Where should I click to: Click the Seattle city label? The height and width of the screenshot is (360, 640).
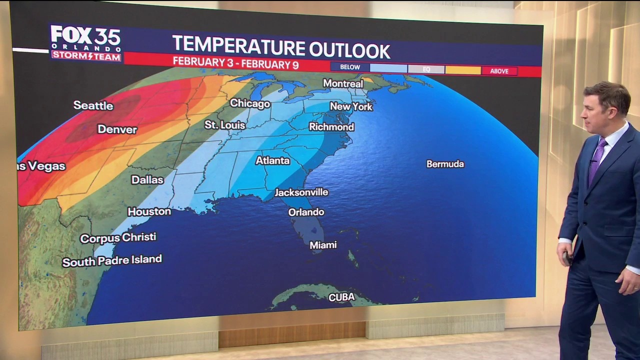(93, 105)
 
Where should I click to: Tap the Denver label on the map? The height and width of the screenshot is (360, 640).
(117, 129)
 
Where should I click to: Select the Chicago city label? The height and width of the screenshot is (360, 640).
(250, 103)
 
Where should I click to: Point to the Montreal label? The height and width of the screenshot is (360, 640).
(343, 83)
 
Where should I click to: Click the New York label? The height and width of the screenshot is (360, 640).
(351, 106)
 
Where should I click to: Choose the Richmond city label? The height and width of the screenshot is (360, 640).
(331, 127)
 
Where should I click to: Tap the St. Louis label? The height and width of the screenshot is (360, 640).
(225, 124)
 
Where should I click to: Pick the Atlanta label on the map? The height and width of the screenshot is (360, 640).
(272, 160)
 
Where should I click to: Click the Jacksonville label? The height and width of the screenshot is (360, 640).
(301, 192)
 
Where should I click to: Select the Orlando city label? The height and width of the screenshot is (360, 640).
(306, 212)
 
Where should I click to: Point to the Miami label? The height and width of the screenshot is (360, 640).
(323, 245)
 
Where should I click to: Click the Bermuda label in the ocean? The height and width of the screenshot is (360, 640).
(445, 164)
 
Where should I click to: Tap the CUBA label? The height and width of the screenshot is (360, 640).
(341, 297)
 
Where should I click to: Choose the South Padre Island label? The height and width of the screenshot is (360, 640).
(112, 260)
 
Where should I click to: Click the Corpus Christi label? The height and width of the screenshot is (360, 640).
(118, 238)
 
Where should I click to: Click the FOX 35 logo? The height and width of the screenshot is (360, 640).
(85, 43)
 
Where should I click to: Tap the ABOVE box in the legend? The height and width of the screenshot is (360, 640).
(499, 71)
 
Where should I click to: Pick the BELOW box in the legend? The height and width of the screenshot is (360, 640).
(349, 67)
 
